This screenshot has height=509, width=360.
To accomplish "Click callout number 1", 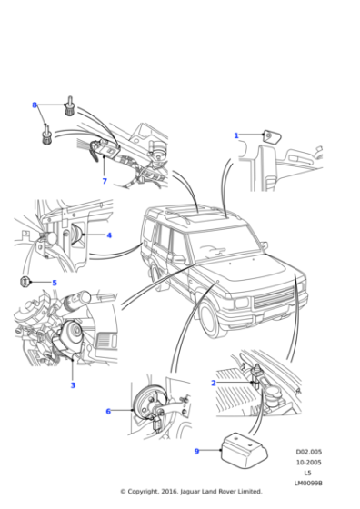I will click(x=236, y=135).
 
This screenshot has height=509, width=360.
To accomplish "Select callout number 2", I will click(x=213, y=383).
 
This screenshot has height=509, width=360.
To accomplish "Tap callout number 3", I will click(x=73, y=385).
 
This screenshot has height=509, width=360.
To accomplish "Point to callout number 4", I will click(x=109, y=235).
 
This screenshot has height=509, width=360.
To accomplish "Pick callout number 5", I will click(x=54, y=284).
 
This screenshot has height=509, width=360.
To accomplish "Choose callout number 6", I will click(x=108, y=412).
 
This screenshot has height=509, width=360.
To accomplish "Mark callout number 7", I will click(x=105, y=181).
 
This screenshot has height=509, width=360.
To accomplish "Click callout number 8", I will click(x=35, y=105).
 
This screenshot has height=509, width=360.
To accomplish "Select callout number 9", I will click(x=195, y=450).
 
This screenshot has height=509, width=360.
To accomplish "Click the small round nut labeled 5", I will click(x=26, y=283).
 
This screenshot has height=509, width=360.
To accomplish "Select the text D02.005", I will click(x=308, y=451).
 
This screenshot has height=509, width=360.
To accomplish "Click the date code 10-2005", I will click(x=308, y=462).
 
